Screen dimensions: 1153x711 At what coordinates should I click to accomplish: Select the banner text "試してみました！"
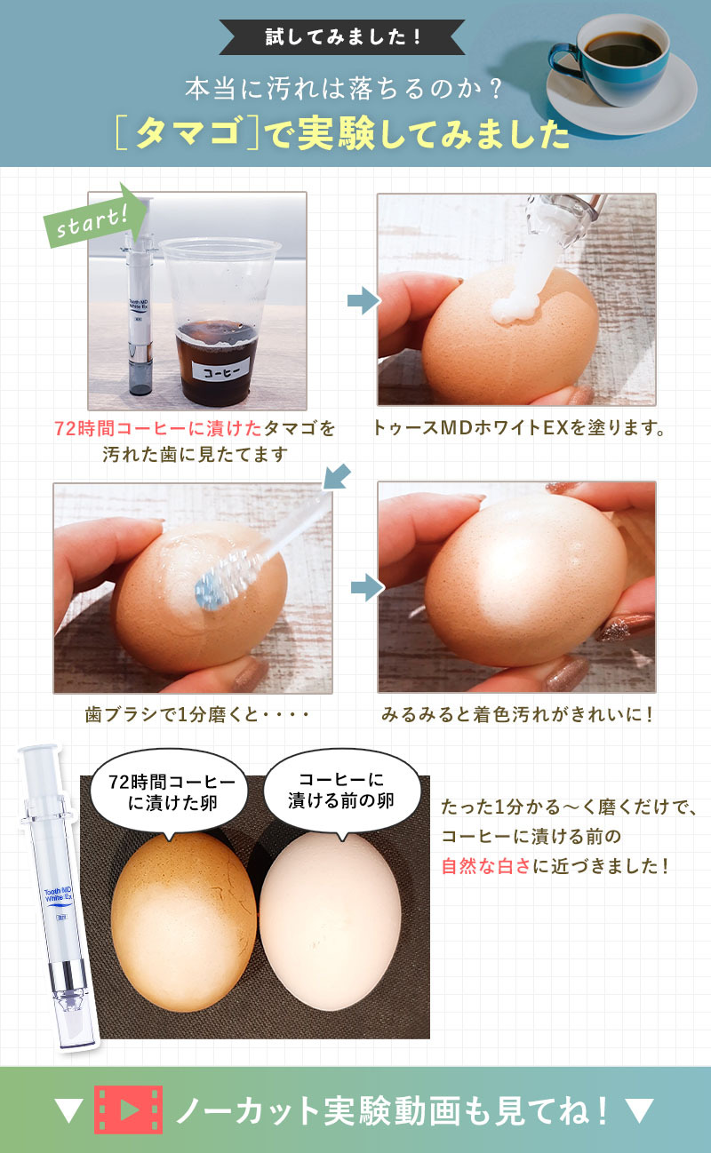344,37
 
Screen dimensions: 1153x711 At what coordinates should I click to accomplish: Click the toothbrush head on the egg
213,583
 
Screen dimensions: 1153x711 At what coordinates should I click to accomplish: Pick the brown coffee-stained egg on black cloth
182,924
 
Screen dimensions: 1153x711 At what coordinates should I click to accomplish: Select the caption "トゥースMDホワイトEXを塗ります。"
521,429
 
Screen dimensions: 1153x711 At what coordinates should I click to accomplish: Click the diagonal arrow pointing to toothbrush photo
336,477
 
